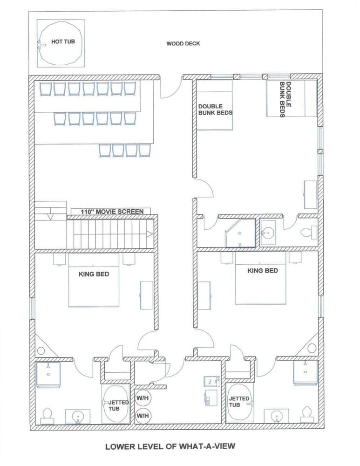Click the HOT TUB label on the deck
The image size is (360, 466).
tap(63, 42)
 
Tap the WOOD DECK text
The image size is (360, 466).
tap(183, 44)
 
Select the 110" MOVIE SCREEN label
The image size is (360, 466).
tap(112, 212)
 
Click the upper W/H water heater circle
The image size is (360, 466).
tap(142, 399)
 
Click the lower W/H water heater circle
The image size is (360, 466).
tap(142, 415)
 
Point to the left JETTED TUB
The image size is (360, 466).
tap(115, 403)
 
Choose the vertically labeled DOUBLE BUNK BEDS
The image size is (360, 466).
tap(285, 99)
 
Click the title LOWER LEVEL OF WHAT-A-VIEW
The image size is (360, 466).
tap(170, 446)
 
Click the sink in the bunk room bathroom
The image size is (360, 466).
tap(269, 231)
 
